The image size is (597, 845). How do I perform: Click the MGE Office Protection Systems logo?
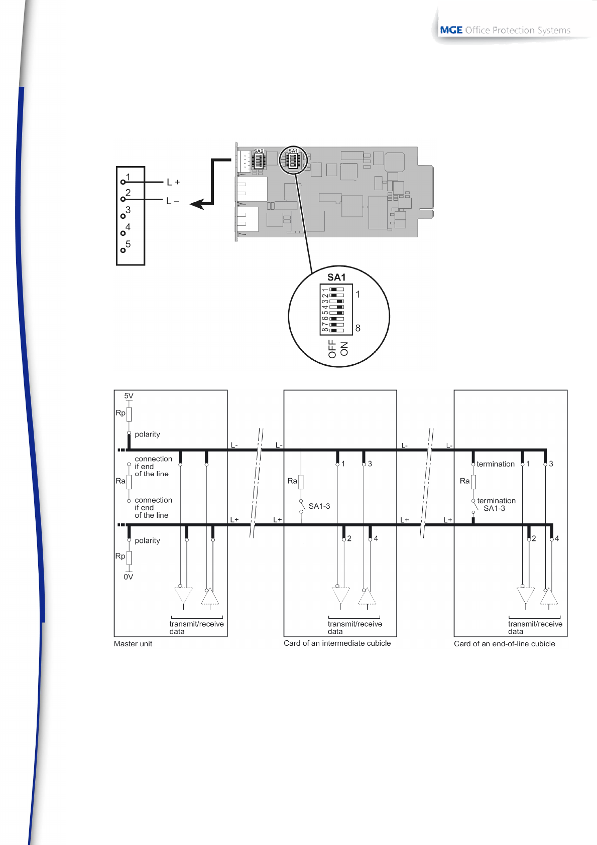point(505,30)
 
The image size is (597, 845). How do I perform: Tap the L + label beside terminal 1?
point(173,182)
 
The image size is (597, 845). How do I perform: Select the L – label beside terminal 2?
point(172,201)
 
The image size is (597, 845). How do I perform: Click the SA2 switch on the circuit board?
point(259,160)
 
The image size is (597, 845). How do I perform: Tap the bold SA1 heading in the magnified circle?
point(336,277)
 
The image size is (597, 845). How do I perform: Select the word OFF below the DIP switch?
point(332,349)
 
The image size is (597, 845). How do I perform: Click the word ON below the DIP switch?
point(344,349)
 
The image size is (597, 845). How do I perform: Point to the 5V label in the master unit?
point(129,396)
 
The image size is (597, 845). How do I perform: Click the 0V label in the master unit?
point(129,577)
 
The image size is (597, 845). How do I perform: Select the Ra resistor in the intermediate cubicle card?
point(301,482)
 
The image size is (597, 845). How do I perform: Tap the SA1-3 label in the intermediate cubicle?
point(319,506)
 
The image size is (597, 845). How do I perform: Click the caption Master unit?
point(133,644)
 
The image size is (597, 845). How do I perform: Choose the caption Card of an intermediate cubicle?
point(337,643)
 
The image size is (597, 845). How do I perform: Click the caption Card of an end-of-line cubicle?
point(504,644)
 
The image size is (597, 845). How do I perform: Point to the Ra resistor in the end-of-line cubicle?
point(473,482)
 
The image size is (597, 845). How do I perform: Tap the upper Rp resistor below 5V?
point(129,414)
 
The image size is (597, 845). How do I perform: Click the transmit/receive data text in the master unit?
point(196,628)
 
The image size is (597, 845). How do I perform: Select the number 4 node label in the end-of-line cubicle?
point(557,539)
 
